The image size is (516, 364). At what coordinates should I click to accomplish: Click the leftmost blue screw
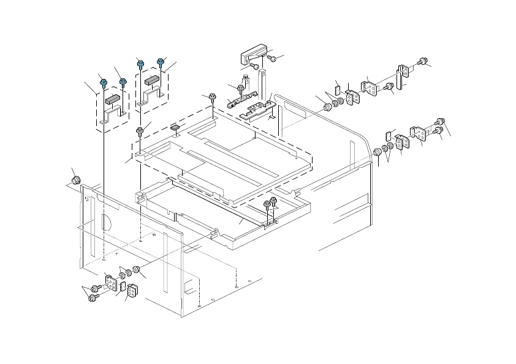(104, 82)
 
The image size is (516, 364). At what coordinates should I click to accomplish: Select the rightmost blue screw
(161, 62)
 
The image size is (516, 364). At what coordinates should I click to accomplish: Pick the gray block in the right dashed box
(152, 79)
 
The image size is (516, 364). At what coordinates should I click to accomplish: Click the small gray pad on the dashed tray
(175, 127)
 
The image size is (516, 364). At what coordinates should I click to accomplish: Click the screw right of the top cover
(272, 59)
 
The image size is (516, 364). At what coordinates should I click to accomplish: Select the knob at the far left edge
(76, 180)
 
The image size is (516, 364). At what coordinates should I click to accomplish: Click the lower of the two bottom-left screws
(94, 297)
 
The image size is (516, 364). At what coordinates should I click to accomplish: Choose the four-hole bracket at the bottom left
(112, 283)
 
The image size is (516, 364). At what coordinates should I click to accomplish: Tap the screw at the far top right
(422, 61)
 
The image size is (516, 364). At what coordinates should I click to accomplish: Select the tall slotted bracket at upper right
(401, 73)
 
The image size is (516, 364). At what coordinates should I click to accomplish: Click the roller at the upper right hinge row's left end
(326, 108)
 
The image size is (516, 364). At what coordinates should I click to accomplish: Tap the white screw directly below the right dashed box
(140, 131)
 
